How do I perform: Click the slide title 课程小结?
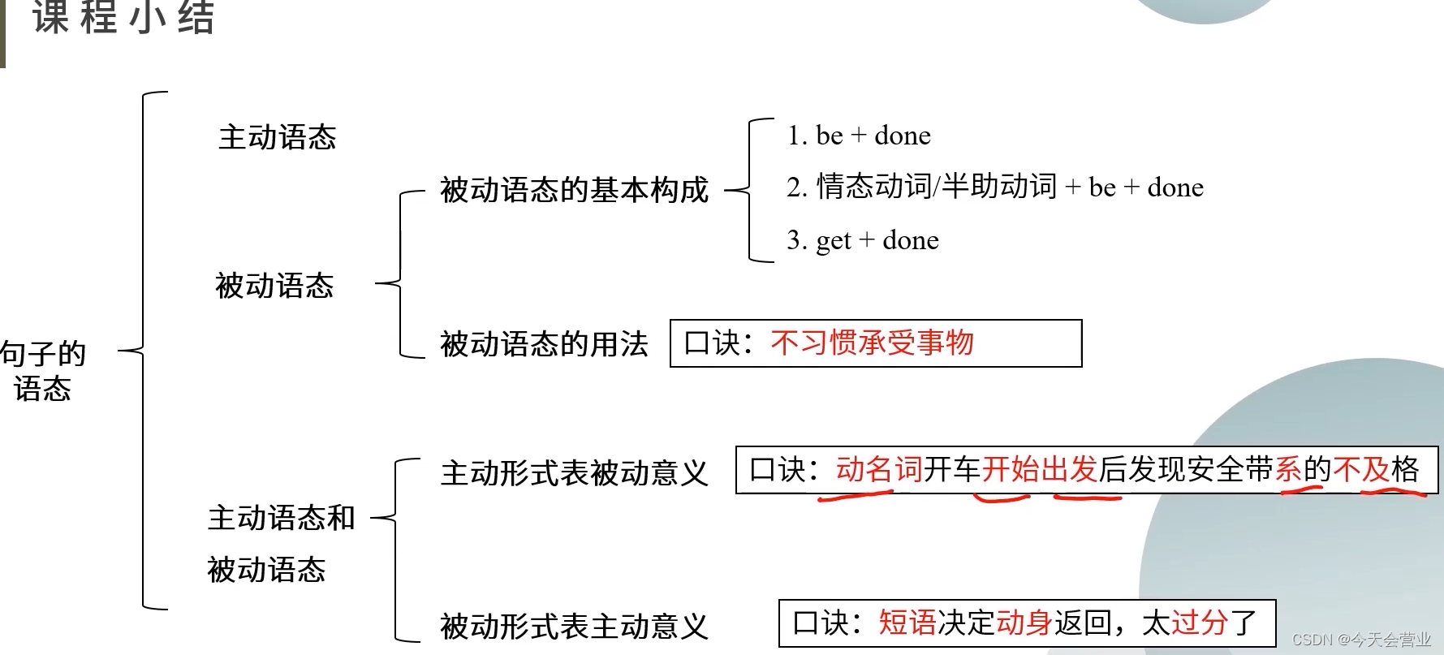[123, 18]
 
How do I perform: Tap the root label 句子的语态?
[42, 371]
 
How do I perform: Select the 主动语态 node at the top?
[277, 137]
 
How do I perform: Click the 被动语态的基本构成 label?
[574, 190]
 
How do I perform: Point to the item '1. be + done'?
[859, 136]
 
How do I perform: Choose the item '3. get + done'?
[862, 240]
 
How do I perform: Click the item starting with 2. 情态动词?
[994, 187]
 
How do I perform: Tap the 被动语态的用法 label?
[544, 344]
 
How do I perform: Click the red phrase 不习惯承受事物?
[872, 343]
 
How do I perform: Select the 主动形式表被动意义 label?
[574, 473]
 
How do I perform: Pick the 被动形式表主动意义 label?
[574, 626]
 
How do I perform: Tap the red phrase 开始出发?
[1039, 469]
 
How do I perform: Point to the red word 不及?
[1361, 469]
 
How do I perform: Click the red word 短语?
[907, 623]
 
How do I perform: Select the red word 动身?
[1024, 623]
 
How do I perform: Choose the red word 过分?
[1200, 623]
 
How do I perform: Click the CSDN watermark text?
[1361, 640]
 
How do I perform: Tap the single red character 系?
[1289, 469]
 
